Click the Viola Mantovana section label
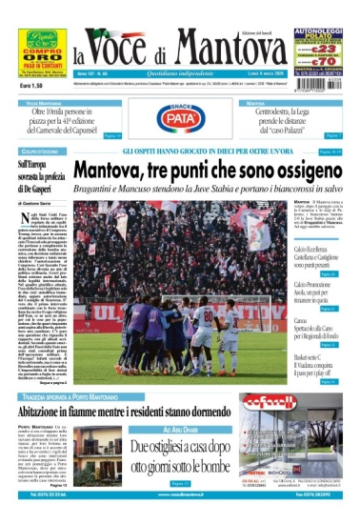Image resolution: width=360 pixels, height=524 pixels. coord(45,102)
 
